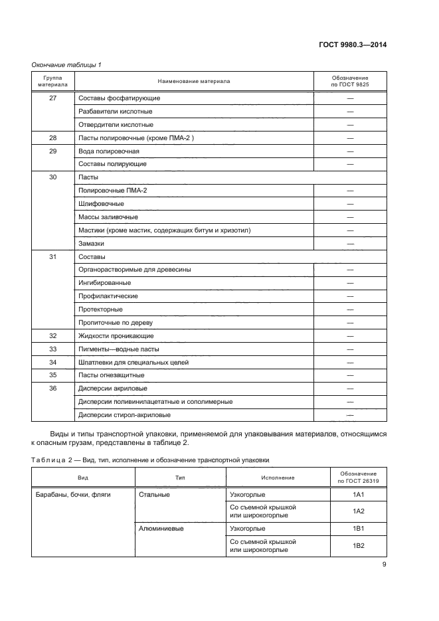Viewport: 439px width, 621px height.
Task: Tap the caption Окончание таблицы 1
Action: point(66,64)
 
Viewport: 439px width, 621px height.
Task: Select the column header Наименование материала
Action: point(194,81)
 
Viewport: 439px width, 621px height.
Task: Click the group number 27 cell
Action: point(53,98)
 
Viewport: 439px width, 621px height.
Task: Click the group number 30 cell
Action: point(53,178)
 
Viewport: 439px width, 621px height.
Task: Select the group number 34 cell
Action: point(53,362)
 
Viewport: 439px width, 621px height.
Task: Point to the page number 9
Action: point(385,565)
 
